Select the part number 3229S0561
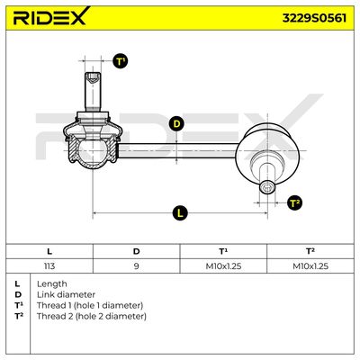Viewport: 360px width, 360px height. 314,18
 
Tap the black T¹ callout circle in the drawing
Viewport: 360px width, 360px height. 121,61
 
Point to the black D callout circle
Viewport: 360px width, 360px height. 177,124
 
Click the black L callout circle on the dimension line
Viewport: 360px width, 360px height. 180,213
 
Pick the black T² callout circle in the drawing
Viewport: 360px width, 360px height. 294,203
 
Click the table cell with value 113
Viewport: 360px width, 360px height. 49,265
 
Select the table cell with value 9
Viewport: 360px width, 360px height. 136,265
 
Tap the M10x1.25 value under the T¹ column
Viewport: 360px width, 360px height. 223,265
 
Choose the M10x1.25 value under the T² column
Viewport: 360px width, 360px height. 310,265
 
